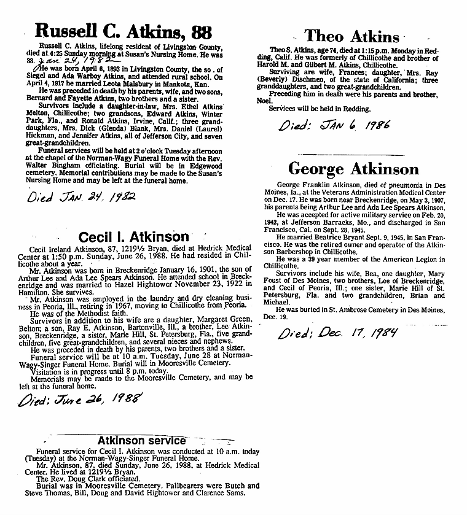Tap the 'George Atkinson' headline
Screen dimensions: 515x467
[353, 169]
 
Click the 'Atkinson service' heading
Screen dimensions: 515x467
[141, 441]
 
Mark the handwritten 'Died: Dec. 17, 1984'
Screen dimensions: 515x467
[337, 334]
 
